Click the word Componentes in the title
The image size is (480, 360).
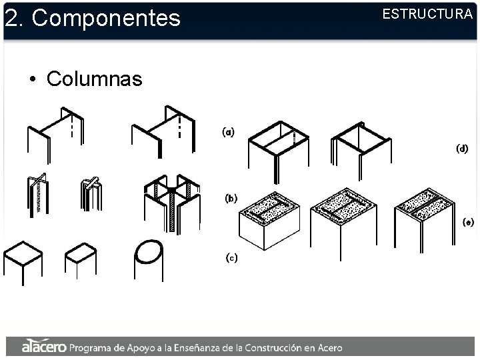point(106,18)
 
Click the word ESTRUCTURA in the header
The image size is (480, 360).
point(427,14)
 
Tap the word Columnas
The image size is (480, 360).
point(94,79)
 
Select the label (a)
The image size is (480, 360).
point(228,132)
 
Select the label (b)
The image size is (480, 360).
point(231,198)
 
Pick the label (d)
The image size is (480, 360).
point(462,148)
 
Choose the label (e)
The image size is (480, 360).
point(468,222)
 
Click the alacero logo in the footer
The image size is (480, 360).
point(43,347)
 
